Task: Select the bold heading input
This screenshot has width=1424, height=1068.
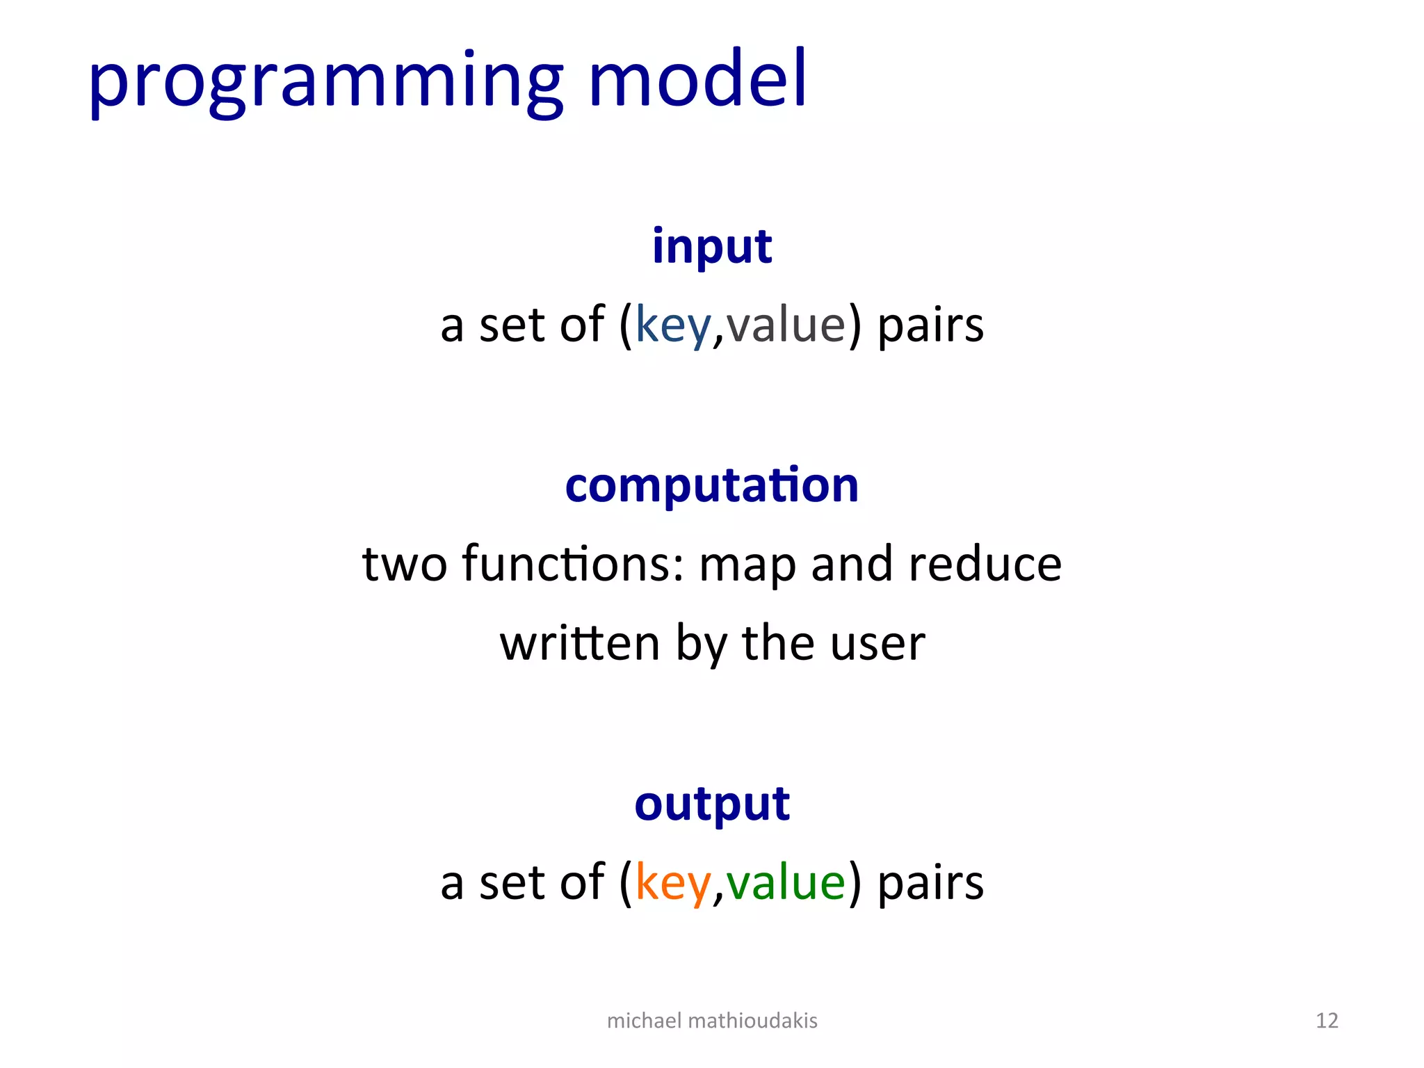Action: pyautogui.click(x=711, y=247)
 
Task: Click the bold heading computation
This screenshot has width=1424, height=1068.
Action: pyautogui.click(x=711, y=485)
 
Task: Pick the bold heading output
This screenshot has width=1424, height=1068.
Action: pyautogui.click(x=711, y=804)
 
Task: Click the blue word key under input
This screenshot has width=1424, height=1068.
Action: pyautogui.click(x=673, y=325)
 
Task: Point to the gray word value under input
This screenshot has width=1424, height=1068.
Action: pyautogui.click(x=786, y=325)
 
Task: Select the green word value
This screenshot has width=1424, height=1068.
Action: pyautogui.click(x=786, y=882)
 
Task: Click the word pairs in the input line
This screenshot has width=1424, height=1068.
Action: pyautogui.click(x=930, y=325)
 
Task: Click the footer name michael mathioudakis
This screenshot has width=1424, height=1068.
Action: pyautogui.click(x=711, y=1020)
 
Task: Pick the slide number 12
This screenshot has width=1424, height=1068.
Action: pyautogui.click(x=1327, y=1020)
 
